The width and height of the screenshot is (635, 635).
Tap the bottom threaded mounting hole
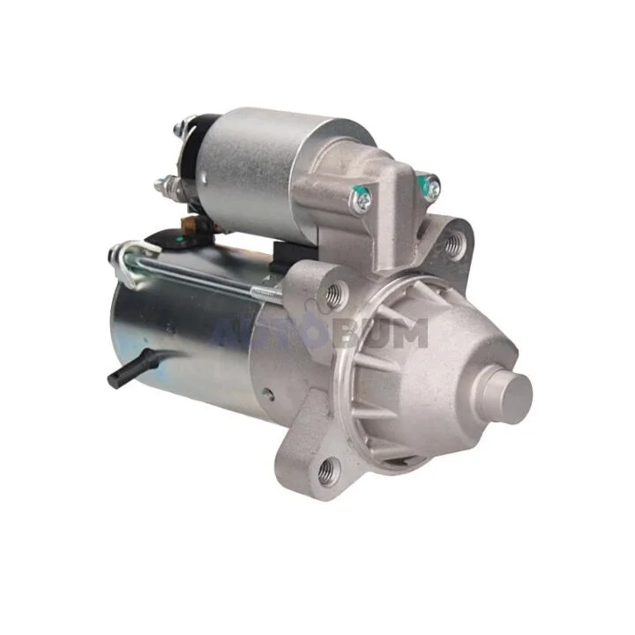[327, 471]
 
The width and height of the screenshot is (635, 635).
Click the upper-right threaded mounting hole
[456, 243]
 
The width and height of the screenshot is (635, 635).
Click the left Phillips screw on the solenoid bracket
[362, 200]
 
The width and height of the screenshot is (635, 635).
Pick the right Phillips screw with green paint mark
[431, 187]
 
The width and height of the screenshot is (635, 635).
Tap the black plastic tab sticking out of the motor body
[131, 370]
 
